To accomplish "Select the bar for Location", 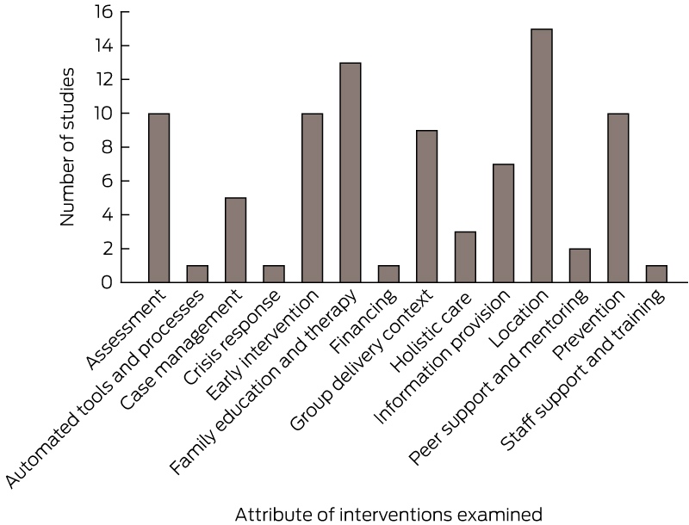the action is click(x=542, y=156).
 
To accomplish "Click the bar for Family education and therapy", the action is click(x=351, y=172).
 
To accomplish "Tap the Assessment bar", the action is click(x=159, y=198).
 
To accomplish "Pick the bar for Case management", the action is click(x=235, y=240).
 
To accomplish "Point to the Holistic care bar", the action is click(x=465, y=256).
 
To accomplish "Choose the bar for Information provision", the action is click(x=503, y=223).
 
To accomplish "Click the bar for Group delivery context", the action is click(x=426, y=207).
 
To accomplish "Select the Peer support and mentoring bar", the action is click(x=580, y=266).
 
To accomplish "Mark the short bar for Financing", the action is click(x=388, y=274).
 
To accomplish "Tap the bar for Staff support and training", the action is click(x=656, y=274).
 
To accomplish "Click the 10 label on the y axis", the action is click(x=103, y=114).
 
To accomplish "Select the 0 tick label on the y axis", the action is click(x=107, y=282).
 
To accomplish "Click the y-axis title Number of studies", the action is click(x=67, y=147).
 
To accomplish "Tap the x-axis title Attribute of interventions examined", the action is click(x=388, y=514).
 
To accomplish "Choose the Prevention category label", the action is click(x=589, y=324).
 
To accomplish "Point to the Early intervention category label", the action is click(x=263, y=345).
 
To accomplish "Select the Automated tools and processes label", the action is click(x=104, y=389).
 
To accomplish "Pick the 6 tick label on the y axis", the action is click(x=107, y=181).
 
